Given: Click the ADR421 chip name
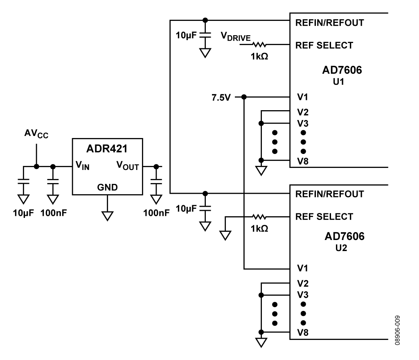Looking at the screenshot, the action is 107,149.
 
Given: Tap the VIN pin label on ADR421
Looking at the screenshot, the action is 82,165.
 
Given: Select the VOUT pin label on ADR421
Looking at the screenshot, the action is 128,165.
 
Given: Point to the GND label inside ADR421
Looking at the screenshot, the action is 108,187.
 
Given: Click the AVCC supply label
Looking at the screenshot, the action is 36,134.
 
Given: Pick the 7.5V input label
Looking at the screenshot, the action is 221,97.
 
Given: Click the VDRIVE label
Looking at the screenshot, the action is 236,36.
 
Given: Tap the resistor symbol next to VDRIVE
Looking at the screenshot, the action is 259,44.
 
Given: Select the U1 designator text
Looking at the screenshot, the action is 338,82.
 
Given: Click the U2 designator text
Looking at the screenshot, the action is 341,248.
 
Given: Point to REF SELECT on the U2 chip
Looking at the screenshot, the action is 324,217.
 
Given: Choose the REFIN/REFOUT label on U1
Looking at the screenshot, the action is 329,23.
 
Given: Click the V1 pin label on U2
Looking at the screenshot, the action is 302,268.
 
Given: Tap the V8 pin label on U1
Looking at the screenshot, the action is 303,161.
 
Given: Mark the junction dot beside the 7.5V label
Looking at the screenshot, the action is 244,97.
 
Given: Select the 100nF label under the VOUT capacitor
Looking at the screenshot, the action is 156,213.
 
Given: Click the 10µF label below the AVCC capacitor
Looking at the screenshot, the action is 23,213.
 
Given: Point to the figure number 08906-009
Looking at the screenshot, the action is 397,331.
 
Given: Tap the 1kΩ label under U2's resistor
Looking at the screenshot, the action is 259,229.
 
